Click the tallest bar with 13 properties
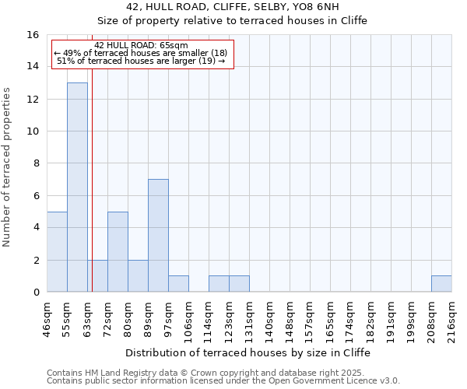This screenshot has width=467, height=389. point(77,187)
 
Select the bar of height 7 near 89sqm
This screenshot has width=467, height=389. point(158,235)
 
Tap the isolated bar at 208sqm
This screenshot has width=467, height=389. point(441,284)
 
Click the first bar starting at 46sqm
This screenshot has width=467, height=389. point(57,251)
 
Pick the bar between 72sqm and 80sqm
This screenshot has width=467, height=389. point(118,251)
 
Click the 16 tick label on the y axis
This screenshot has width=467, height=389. point(33,35)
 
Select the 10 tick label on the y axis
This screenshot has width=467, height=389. point(33,131)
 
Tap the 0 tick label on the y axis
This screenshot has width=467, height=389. point(36,293)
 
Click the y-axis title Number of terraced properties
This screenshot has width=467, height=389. point(8,167)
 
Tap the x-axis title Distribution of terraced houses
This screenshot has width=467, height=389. point(248,352)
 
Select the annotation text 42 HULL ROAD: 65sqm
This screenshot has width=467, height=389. point(141,45)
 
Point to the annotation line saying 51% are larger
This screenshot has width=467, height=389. point(141,61)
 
